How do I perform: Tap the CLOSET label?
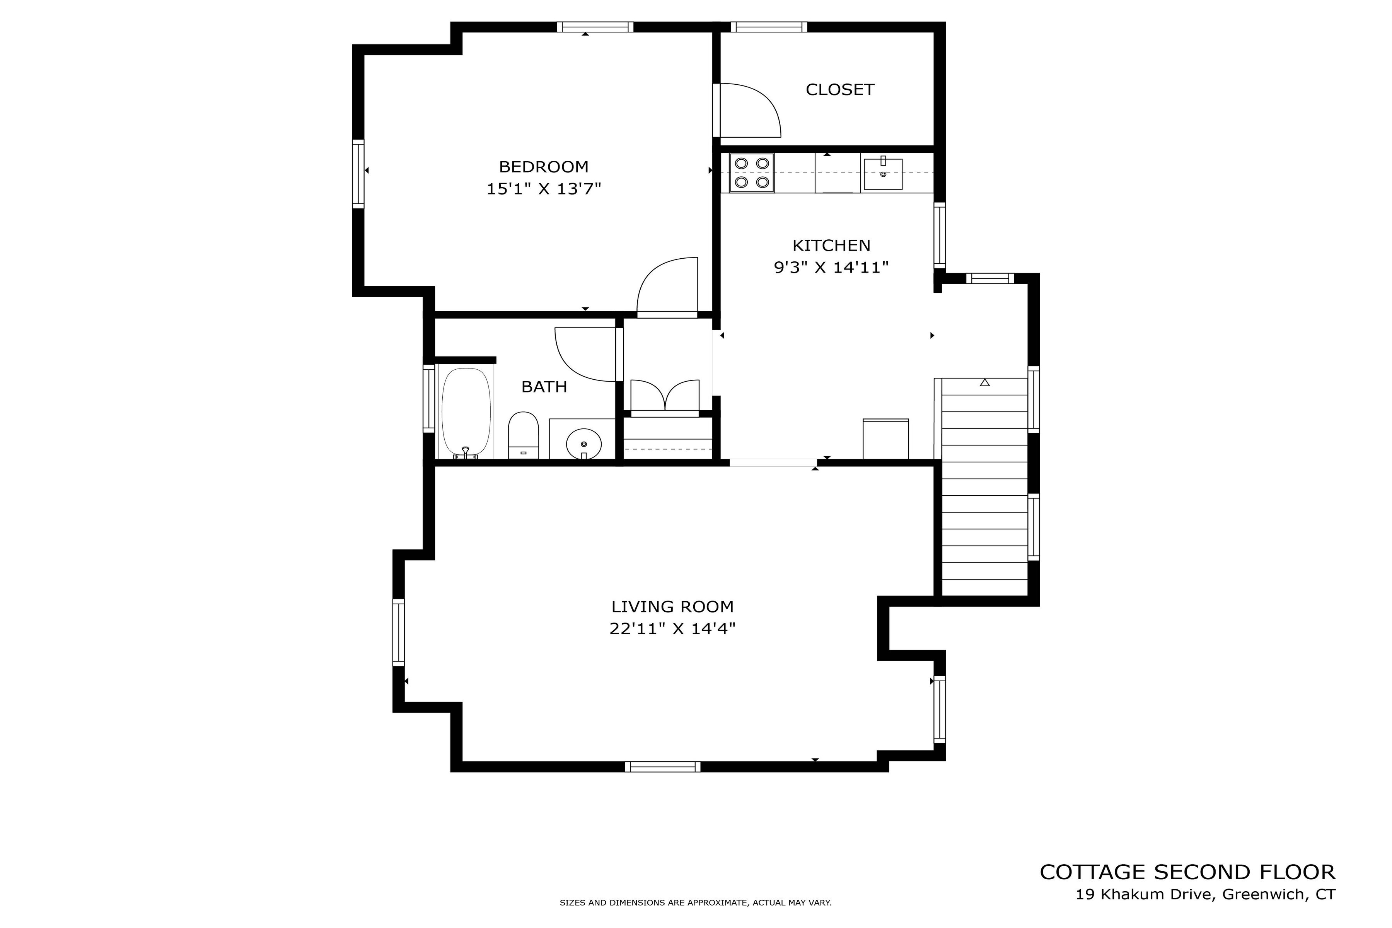[840, 89]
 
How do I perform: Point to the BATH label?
[544, 386]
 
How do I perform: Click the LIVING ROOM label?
[672, 607]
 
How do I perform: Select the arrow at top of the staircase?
[984, 383]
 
